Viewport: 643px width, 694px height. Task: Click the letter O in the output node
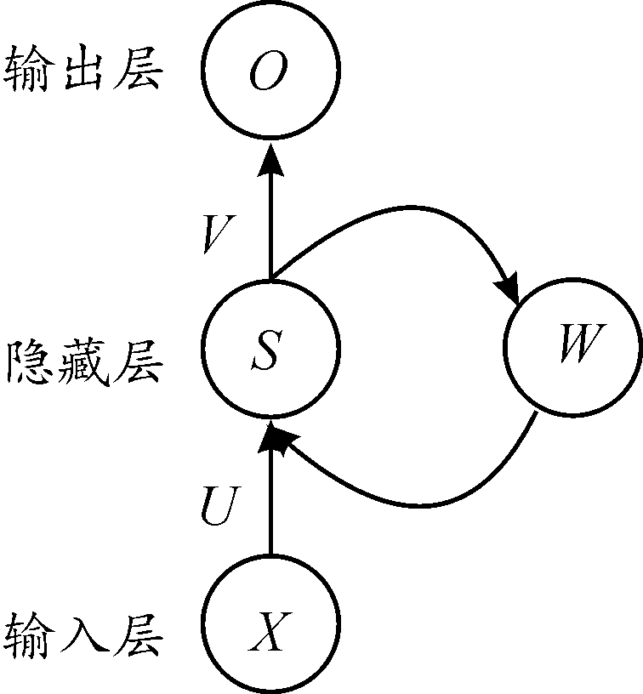(x=270, y=72)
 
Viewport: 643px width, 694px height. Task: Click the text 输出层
(x=83, y=71)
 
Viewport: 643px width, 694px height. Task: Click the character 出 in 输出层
(x=83, y=71)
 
